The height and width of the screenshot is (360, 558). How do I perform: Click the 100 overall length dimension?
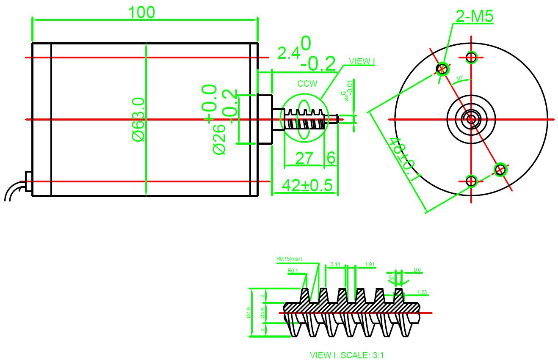tap(142, 13)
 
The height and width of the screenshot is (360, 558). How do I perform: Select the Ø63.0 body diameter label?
tap(139, 119)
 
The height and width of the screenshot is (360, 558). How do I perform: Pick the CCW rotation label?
tap(307, 84)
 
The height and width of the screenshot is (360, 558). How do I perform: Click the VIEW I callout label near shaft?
tap(362, 61)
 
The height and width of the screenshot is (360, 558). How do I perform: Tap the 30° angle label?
tap(459, 79)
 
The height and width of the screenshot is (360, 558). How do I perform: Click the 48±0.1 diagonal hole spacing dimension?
tap(404, 159)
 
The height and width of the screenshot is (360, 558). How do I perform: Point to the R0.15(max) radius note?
tap(289, 259)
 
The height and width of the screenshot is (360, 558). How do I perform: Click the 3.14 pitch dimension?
tap(335, 264)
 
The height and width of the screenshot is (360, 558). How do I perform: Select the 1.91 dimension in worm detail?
tap(370, 264)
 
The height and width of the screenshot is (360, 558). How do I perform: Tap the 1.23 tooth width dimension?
tap(422, 292)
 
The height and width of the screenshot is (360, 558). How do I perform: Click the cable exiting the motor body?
tap(13, 191)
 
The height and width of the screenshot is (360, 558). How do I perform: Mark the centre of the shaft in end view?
tap(471, 119)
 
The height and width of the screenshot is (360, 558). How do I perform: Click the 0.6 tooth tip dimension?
tap(417, 270)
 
